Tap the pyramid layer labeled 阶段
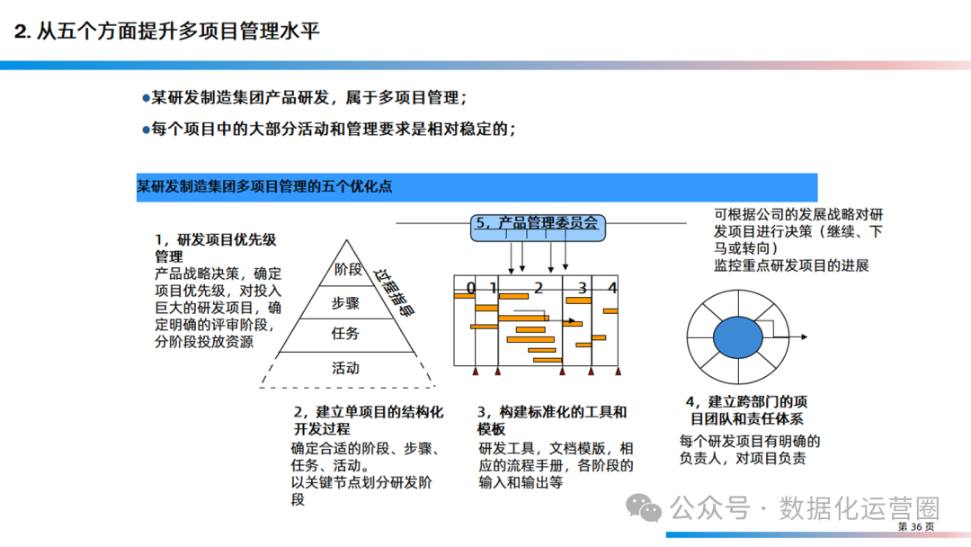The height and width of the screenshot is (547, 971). [x=347, y=269]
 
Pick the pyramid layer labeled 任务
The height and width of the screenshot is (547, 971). [x=345, y=334]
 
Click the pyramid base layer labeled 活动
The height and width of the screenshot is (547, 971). [x=345, y=367]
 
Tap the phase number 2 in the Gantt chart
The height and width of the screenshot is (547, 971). [x=539, y=288]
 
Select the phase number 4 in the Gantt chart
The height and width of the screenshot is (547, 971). [x=612, y=288]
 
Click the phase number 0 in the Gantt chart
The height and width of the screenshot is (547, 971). [x=470, y=288]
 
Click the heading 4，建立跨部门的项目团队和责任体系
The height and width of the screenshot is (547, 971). [x=746, y=409]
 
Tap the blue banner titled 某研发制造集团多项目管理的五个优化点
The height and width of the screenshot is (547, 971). [x=477, y=187]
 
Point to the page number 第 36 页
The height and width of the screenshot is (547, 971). [x=916, y=526]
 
